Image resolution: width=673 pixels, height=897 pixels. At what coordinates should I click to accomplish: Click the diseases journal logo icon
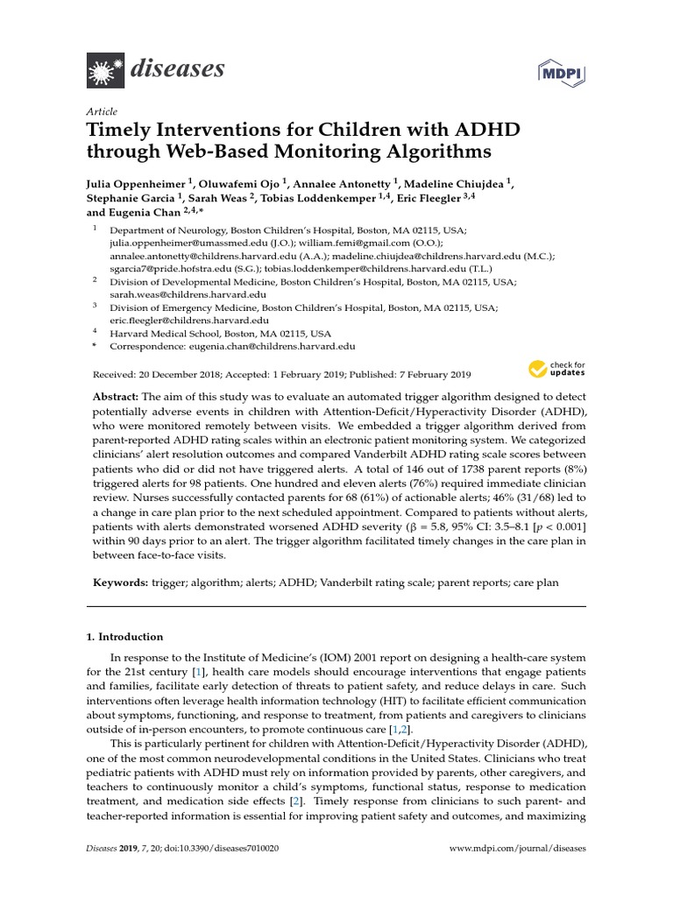pyautogui.click(x=104, y=68)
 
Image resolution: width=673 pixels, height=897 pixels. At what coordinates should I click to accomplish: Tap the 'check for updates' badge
pyautogui.click(x=556, y=369)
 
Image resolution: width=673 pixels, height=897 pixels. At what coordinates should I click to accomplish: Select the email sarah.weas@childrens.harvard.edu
pyautogui.click(x=180, y=295)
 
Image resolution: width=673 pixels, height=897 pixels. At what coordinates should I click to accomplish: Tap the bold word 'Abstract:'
pyautogui.click(x=115, y=397)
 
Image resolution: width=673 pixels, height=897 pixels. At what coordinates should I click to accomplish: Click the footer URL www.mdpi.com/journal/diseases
pyautogui.click(x=517, y=849)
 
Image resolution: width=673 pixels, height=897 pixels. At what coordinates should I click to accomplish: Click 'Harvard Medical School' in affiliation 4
pyautogui.click(x=167, y=334)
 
